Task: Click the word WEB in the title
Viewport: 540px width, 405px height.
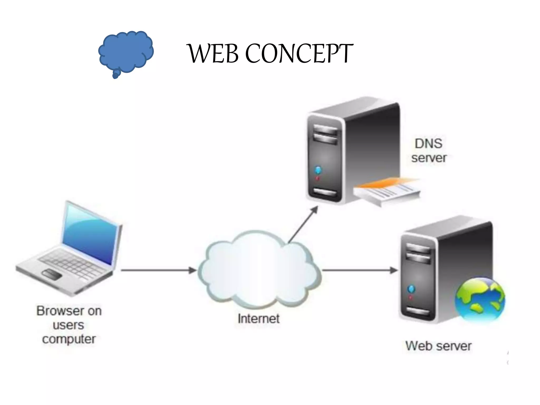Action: pyautogui.click(x=214, y=54)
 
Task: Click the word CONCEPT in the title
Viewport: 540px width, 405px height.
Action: pyautogui.click(x=299, y=54)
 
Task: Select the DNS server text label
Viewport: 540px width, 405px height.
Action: pyautogui.click(x=428, y=151)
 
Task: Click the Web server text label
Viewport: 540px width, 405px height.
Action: pyautogui.click(x=438, y=346)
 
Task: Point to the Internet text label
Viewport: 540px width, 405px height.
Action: pyautogui.click(x=258, y=319)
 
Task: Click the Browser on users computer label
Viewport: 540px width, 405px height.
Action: pyautogui.click(x=69, y=325)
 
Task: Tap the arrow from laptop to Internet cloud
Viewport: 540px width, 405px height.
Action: pyautogui.click(x=158, y=270)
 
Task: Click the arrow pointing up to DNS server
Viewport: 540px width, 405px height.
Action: pyautogui.click(x=303, y=224)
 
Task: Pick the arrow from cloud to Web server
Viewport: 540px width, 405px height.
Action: pyautogui.click(x=360, y=270)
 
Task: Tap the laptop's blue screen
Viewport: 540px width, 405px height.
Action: pyautogui.click(x=90, y=235)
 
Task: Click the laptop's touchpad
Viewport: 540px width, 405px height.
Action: pyautogui.click(x=52, y=274)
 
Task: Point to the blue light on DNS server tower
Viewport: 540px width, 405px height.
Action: pyautogui.click(x=318, y=170)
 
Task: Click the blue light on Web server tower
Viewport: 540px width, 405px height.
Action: pyautogui.click(x=411, y=289)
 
